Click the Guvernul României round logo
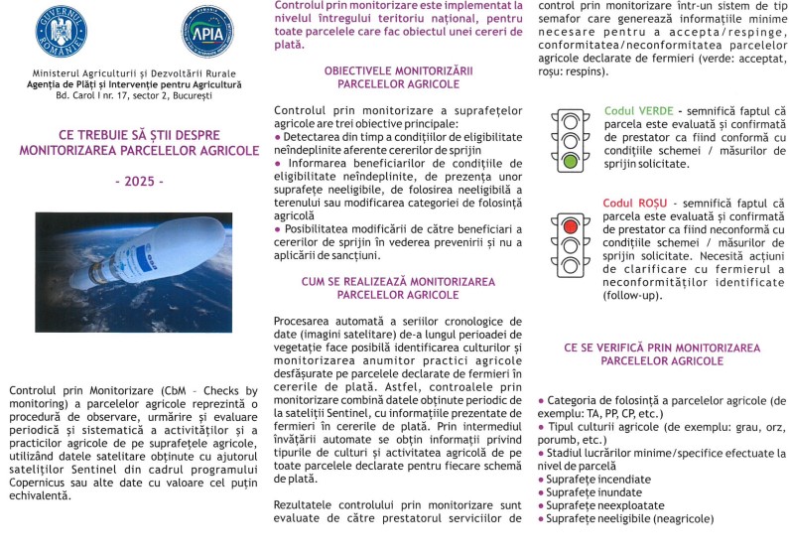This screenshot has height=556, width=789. (61, 30)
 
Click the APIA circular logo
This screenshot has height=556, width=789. (207, 30)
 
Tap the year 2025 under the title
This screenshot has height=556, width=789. (139, 182)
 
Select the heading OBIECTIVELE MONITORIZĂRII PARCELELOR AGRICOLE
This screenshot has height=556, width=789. (398, 77)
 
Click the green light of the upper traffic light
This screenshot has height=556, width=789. (569, 159)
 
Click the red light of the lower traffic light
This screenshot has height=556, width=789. (569, 224)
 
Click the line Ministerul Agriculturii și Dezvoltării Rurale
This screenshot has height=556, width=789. (135, 73)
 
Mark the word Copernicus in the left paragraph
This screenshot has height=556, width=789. (41, 482)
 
